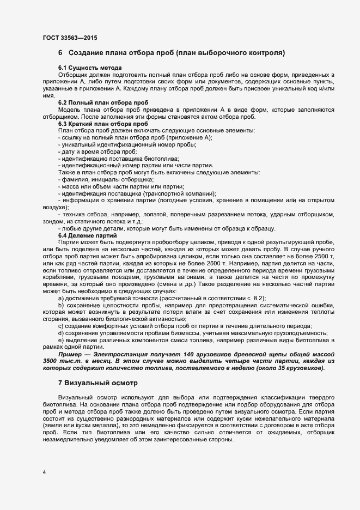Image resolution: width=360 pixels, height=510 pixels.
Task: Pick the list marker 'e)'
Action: coord(61,340)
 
